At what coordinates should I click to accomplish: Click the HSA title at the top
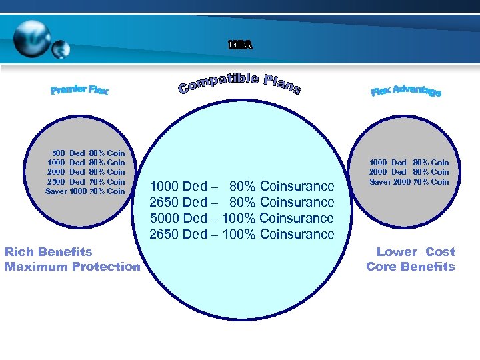pyautogui.click(x=240, y=45)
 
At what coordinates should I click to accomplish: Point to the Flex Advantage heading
pyautogui.click(x=405, y=91)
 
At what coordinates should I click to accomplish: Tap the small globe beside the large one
pyautogui.click(x=61, y=49)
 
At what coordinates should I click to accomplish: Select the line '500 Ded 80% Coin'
pyautogui.click(x=89, y=153)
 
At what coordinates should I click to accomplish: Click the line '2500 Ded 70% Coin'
pyautogui.click(x=86, y=181)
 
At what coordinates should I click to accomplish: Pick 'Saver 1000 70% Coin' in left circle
pyautogui.click(x=85, y=191)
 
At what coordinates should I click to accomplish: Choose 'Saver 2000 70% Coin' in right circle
pyautogui.click(x=409, y=182)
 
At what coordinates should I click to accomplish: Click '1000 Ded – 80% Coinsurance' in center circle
pyautogui.click(x=242, y=186)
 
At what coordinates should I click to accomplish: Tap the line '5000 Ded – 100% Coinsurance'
pyautogui.click(x=242, y=218)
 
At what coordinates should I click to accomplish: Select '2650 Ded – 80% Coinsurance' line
pyautogui.click(x=242, y=202)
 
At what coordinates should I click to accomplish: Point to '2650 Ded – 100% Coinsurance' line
pyautogui.click(x=242, y=234)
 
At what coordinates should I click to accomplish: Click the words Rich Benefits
pyautogui.click(x=49, y=252)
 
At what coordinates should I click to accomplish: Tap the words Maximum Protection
pyautogui.click(x=73, y=267)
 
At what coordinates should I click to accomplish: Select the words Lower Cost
pyautogui.click(x=415, y=252)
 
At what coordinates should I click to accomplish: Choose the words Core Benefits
pyautogui.click(x=411, y=267)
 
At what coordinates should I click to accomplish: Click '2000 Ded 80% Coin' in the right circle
pyautogui.click(x=409, y=172)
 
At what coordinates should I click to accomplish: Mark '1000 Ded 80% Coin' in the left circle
pyautogui.click(x=86, y=163)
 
